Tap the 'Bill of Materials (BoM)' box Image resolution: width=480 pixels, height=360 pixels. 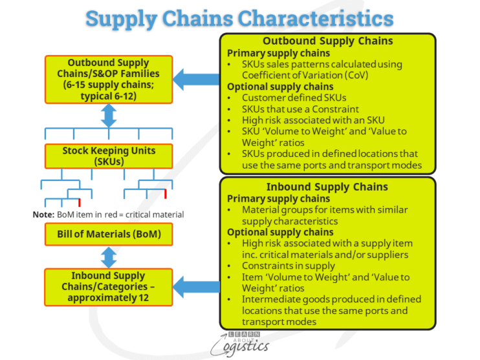pos(109,234)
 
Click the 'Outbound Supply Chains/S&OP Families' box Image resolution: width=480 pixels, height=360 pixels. pos(109,79)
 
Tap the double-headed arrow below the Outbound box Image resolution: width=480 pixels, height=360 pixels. pos(109,115)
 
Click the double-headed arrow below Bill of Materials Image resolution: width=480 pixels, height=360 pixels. pos(109,257)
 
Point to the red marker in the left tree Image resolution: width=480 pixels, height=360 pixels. pos(79,194)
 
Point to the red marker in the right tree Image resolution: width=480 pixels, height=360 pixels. pos(165,194)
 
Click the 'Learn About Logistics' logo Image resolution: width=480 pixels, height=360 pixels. pos(239,343)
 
